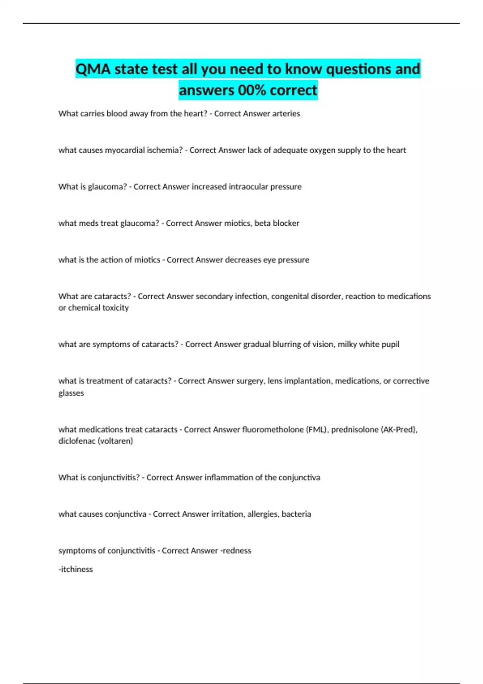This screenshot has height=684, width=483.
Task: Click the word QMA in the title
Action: point(93,69)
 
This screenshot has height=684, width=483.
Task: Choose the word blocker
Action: point(286,223)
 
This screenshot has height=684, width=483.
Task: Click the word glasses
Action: point(71,393)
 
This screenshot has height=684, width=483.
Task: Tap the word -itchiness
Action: point(76,569)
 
